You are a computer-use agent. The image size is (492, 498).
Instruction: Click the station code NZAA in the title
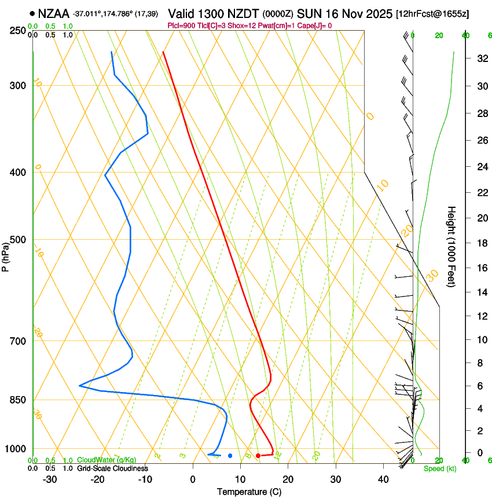point(54,13)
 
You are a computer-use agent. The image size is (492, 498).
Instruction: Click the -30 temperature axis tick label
point(50,479)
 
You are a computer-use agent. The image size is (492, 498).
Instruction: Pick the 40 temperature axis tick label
point(383,479)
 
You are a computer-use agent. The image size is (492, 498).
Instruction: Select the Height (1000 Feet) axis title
point(452,247)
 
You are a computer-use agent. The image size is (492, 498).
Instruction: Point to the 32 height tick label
point(464,58)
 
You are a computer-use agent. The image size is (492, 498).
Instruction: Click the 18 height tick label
point(464,243)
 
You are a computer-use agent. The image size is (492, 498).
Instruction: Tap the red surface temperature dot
point(258,456)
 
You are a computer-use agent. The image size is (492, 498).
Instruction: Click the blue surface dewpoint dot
point(230,456)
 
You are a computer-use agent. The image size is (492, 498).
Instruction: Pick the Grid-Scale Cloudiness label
point(112,468)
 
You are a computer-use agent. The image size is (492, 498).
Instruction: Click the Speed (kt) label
point(439,468)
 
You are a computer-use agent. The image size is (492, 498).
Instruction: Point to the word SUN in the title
point(309,13)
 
